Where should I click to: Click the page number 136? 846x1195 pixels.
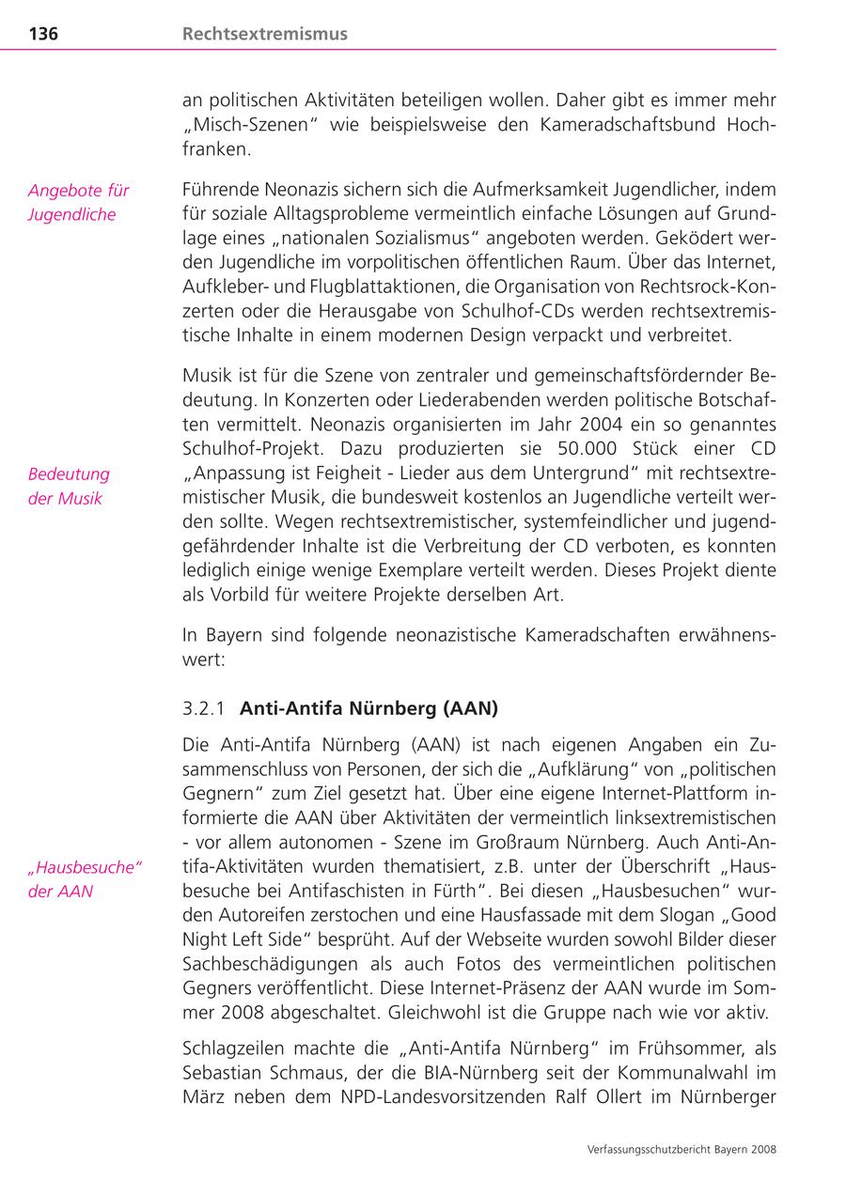[x=43, y=34]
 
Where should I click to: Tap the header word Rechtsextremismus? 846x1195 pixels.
[x=264, y=34]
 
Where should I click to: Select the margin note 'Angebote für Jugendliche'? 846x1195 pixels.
[x=78, y=202]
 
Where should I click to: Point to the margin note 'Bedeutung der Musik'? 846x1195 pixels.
[x=69, y=486]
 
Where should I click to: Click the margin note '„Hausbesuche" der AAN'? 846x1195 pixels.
[x=84, y=878]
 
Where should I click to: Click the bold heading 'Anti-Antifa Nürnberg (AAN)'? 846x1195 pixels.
[x=368, y=709]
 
